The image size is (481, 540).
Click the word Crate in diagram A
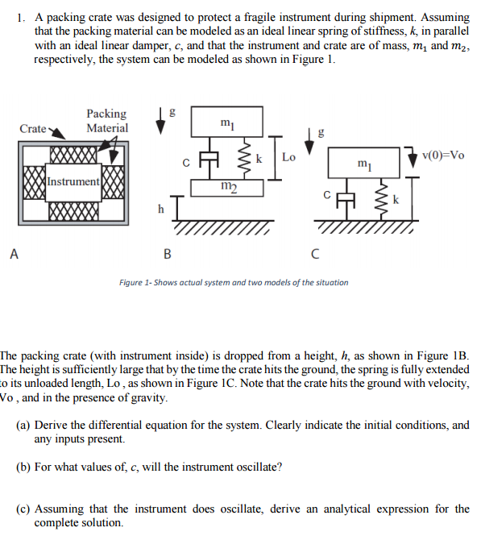(x=33, y=128)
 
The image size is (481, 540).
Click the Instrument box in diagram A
(x=73, y=182)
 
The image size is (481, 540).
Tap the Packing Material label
(x=106, y=121)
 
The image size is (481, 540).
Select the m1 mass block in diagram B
(x=227, y=122)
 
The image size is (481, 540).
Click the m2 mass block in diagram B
(x=227, y=188)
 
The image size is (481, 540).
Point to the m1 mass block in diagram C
(x=364, y=163)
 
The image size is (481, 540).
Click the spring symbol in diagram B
(x=246, y=158)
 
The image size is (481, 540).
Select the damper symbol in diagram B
(x=209, y=158)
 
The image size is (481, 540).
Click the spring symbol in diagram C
(x=382, y=199)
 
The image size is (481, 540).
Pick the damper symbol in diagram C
(x=346, y=199)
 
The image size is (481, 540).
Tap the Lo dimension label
(x=288, y=157)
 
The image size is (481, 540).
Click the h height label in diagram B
(x=161, y=209)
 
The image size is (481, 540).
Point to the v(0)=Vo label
(x=443, y=156)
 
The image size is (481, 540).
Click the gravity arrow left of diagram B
(x=160, y=121)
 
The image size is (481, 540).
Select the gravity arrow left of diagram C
(x=309, y=142)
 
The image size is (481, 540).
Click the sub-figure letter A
(x=15, y=254)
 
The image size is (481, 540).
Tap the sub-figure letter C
(x=315, y=254)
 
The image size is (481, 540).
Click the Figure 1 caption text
(x=234, y=283)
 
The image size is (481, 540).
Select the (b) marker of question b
(x=23, y=467)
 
